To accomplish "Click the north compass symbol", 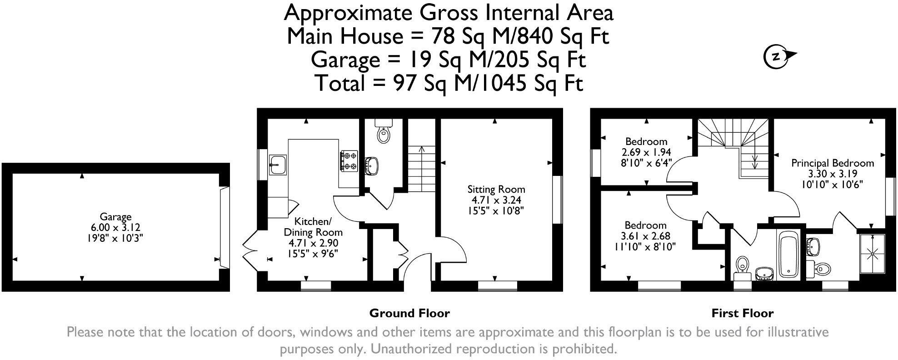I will click(778, 57).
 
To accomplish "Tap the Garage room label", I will click(116, 217).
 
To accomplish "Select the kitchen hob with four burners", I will click(349, 161).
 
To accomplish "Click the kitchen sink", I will click(277, 165).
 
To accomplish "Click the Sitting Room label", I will click(496, 189).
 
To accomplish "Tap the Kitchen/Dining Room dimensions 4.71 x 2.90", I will click(313, 243).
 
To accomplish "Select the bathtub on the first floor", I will click(788, 255).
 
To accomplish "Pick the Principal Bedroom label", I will click(833, 163).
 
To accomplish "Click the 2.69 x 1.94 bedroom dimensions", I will click(646, 152).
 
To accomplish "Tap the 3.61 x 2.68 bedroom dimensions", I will click(645, 236).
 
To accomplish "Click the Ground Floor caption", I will click(409, 313).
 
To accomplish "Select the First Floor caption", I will click(742, 313).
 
